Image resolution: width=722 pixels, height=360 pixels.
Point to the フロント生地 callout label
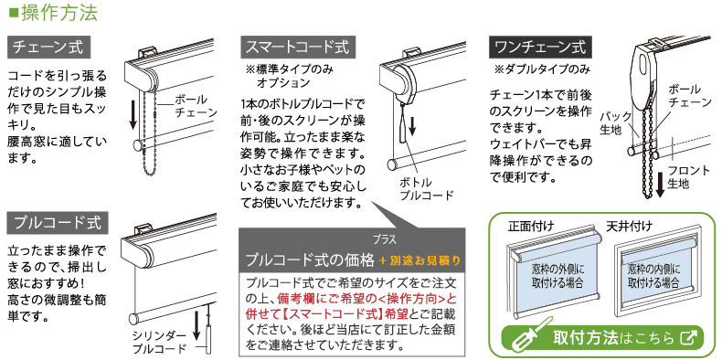688,176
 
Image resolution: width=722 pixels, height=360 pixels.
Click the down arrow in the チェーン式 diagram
133,112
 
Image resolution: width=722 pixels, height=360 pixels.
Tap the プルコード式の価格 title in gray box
309,259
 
